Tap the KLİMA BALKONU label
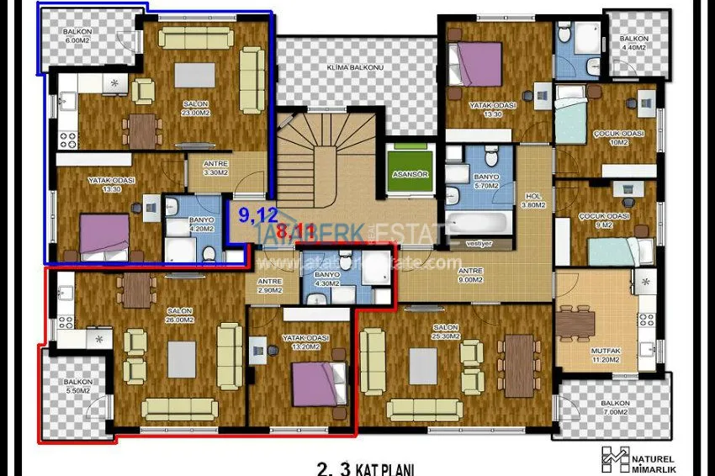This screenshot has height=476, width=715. pyautogui.click(x=357, y=67)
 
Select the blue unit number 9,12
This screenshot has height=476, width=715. pyautogui.click(x=257, y=214)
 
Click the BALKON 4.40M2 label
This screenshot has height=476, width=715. pyautogui.click(x=632, y=44)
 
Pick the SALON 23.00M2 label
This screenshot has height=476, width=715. pyautogui.click(x=194, y=108)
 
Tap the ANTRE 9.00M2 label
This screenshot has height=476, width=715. pyautogui.click(x=469, y=275)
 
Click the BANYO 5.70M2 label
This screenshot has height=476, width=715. pyautogui.click(x=486, y=182)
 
